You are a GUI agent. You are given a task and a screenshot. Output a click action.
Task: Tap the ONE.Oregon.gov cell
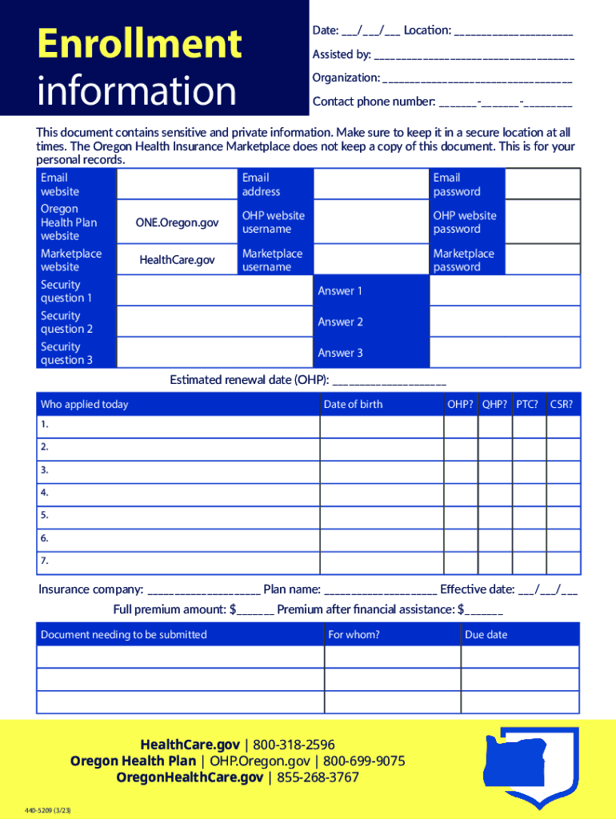178,222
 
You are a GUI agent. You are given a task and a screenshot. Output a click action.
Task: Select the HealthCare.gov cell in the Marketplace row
177,260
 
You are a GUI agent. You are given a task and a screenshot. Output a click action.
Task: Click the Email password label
457,185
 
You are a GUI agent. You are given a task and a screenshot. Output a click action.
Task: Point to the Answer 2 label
340,322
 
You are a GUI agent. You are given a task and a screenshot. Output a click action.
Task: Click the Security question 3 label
66,354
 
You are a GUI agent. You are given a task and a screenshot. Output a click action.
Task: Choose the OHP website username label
273,222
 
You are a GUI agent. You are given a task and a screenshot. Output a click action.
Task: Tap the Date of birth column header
353,405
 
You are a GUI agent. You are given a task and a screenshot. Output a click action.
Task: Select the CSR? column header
562,405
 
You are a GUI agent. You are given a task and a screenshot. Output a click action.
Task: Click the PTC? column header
526,405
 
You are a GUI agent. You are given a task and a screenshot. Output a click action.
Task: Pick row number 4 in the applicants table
45,493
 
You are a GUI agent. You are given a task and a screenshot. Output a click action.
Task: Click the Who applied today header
84,405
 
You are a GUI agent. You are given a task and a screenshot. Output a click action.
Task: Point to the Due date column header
486,635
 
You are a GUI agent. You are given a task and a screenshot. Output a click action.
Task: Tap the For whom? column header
354,635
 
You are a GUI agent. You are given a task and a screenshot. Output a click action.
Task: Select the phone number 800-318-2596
294,745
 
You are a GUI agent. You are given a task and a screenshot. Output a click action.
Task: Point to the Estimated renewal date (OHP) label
249,380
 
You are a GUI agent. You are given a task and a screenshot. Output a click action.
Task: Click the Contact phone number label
374,102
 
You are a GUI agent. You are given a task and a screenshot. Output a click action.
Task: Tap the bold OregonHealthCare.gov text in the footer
190,777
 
